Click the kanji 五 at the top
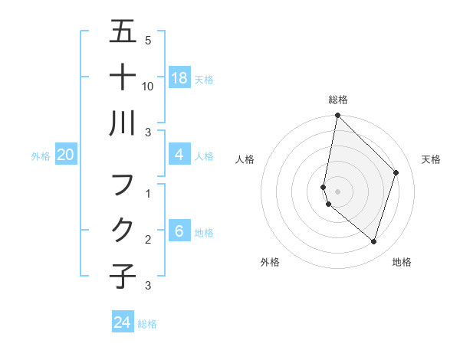[123, 32]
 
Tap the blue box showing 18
[179, 77]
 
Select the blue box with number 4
[179, 155]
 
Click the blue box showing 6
[179, 232]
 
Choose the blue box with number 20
[66, 155]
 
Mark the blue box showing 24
[123, 322]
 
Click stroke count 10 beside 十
[149, 86]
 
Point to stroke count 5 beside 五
[148, 41]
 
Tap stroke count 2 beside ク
[148, 240]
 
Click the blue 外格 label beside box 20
[41, 156]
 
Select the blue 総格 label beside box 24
[147, 324]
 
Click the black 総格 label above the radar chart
[337, 100]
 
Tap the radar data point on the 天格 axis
[396, 172]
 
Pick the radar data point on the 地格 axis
[373, 241]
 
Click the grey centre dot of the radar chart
[337, 191]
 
